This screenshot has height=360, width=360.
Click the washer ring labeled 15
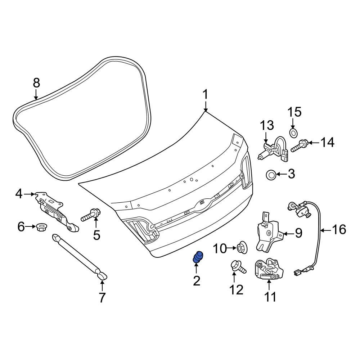[294, 133]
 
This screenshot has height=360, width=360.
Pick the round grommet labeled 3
[271, 175]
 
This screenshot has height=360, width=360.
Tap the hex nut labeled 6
[40, 227]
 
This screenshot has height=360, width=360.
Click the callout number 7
[102, 298]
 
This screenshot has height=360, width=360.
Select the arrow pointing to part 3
[281, 175]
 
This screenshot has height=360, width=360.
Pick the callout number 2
[196, 280]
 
